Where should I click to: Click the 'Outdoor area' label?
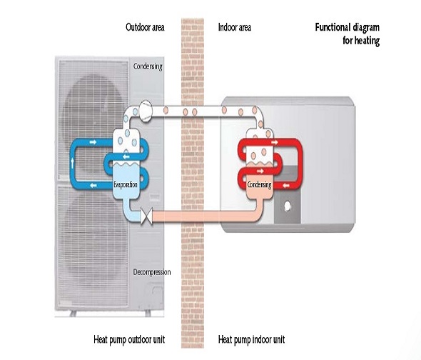(145, 27)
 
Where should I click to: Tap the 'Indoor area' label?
(235, 27)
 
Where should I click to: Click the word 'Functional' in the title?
(333, 27)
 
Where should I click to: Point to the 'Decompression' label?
(152, 272)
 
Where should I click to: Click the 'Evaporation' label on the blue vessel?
(126, 185)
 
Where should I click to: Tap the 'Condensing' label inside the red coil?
(259, 184)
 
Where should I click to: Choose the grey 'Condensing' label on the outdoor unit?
(148, 66)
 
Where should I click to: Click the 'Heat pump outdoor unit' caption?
(129, 339)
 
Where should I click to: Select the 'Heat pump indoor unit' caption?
(251, 339)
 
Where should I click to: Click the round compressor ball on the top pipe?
(146, 111)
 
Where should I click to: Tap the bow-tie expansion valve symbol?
(146, 216)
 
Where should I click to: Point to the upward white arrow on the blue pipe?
(72, 163)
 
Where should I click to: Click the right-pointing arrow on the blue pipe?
(93, 141)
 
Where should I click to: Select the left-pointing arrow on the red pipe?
(286, 186)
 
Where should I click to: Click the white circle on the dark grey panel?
(288, 206)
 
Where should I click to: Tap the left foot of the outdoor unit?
(73, 314)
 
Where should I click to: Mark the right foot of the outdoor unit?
(148, 314)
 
